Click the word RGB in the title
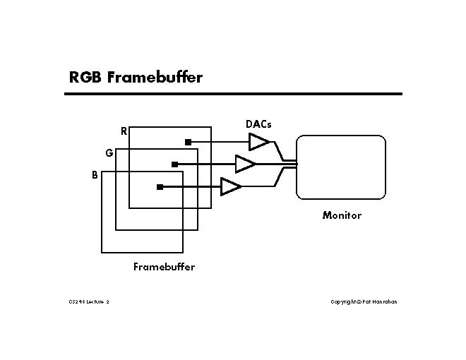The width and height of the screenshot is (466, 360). pyautogui.click(x=86, y=77)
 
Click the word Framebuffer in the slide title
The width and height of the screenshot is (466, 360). pyautogui.click(x=155, y=77)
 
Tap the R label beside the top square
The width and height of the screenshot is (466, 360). pyautogui.click(x=124, y=131)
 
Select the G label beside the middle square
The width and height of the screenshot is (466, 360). pyautogui.click(x=109, y=152)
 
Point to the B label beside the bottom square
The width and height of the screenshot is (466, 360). pyautogui.click(x=95, y=175)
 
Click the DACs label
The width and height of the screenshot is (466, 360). pyautogui.click(x=258, y=124)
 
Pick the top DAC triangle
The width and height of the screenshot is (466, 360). pyautogui.click(x=258, y=142)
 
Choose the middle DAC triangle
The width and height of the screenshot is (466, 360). pyautogui.click(x=244, y=164)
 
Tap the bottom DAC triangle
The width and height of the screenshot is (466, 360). pyautogui.click(x=230, y=187)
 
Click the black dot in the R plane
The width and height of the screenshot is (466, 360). pyautogui.click(x=188, y=142)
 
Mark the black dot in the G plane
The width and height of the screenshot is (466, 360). pyautogui.click(x=174, y=164)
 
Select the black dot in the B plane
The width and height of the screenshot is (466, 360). pyautogui.click(x=160, y=187)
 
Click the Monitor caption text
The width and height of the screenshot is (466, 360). pyautogui.click(x=342, y=215)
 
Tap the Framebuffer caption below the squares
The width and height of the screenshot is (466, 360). pyautogui.click(x=164, y=267)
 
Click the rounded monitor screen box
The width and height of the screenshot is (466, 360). pyautogui.click(x=341, y=167)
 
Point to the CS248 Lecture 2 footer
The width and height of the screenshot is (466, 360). pyautogui.click(x=89, y=301)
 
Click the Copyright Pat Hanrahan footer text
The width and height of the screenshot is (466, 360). pyautogui.click(x=364, y=301)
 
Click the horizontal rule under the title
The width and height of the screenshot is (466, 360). pyautogui.click(x=233, y=93)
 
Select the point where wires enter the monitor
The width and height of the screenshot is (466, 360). pyautogui.click(x=296, y=164)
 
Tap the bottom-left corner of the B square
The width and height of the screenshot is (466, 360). pyautogui.click(x=102, y=252)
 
